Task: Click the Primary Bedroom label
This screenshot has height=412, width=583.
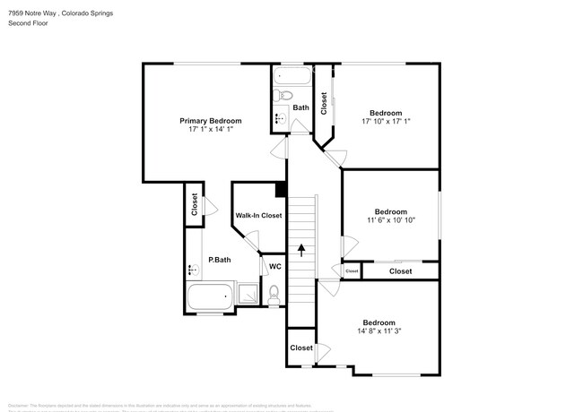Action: [211, 120]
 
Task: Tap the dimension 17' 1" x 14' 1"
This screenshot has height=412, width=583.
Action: [211, 130]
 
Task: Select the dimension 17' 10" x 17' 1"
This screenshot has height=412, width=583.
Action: [386, 122]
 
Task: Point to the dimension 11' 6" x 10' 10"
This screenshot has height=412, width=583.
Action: [391, 220]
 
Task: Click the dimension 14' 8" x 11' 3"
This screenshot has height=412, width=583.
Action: [379, 331]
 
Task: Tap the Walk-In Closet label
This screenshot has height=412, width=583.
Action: [258, 216]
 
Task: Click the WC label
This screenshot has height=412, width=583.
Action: [275, 266]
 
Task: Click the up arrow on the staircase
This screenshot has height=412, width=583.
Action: [301, 250]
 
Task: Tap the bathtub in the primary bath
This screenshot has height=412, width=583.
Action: [210, 296]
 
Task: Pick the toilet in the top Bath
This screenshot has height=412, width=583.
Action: [283, 96]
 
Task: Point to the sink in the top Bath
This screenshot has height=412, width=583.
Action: [279, 117]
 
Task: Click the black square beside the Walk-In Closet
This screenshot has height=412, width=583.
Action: [281, 190]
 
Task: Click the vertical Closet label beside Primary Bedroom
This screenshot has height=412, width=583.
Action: [194, 205]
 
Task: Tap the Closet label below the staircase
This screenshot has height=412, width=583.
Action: [300, 348]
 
